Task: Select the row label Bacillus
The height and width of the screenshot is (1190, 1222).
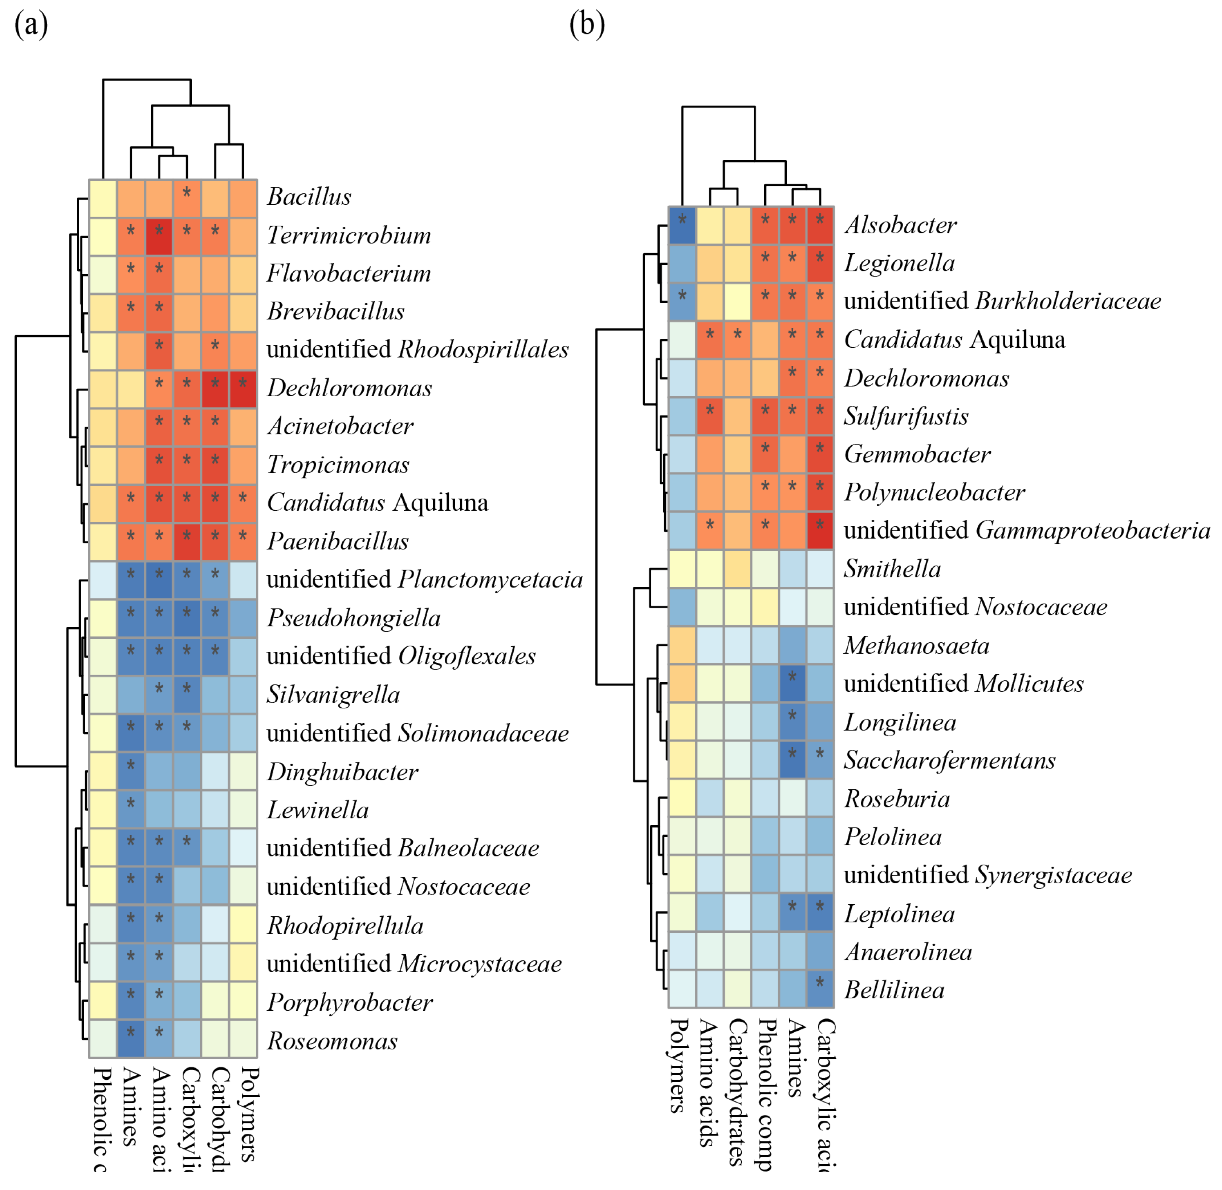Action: (309, 197)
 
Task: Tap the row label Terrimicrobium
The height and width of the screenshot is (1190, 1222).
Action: (349, 236)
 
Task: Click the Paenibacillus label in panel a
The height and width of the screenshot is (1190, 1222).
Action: (338, 541)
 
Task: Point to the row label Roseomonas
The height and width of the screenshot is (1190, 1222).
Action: (332, 1041)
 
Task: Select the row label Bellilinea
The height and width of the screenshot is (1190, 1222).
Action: (894, 991)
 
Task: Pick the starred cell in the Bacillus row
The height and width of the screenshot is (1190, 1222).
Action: (187, 198)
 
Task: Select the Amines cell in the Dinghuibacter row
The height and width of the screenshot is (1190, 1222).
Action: (131, 771)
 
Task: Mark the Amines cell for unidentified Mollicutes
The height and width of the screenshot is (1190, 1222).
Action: (792, 683)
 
